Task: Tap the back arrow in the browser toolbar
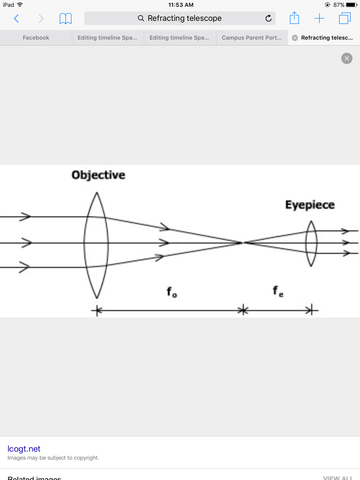[x=16, y=19]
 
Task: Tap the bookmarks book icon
[x=66, y=19]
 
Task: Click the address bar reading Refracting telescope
[x=180, y=18]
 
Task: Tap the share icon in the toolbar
[x=295, y=18]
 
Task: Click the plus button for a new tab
[x=320, y=18]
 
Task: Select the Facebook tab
[x=36, y=37]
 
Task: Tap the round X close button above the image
[x=346, y=59]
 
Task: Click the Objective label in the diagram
[x=98, y=175]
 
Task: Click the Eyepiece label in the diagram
[x=309, y=205]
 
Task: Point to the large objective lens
[x=95, y=242]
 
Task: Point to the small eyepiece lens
[x=312, y=242]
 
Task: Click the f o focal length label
[x=173, y=292]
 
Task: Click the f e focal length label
[x=279, y=292]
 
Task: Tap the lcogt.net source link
[x=24, y=449]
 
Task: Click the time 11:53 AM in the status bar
[x=180, y=5]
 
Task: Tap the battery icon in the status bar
[x=350, y=5]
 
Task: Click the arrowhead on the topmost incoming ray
[x=26, y=216]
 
